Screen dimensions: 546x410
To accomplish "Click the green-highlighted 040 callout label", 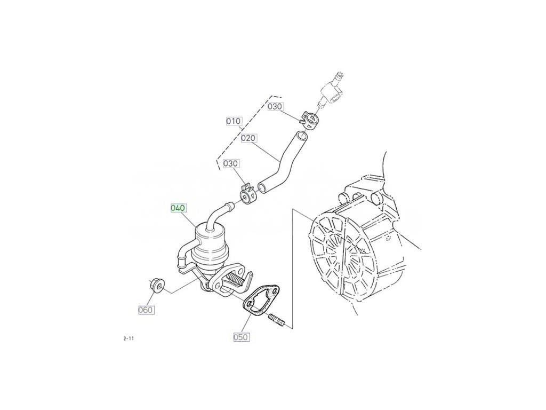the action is tap(178, 208).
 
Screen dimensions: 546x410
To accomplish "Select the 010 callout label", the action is tap(234, 121).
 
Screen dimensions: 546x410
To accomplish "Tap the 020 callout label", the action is tap(248, 138).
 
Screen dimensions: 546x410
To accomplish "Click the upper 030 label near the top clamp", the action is tap(275, 106).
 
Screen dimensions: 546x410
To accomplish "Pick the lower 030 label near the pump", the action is tap(230, 163).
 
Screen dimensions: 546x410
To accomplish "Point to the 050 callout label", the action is tap(240, 337).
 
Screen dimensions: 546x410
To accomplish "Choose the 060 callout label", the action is tap(146, 310).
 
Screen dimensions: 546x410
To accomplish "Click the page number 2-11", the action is tap(128, 338).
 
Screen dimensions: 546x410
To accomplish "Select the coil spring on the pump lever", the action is tap(234, 279).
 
